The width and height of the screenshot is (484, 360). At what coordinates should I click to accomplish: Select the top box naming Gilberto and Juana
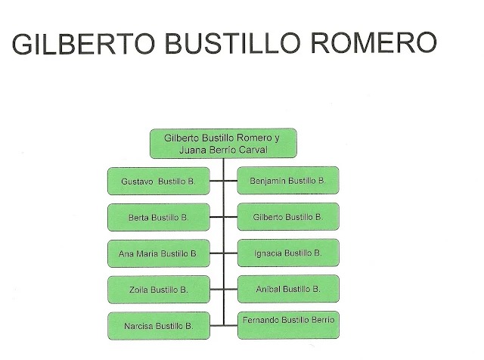223,144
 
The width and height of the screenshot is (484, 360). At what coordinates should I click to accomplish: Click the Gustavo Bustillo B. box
158,182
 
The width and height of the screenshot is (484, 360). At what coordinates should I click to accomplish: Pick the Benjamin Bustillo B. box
288,181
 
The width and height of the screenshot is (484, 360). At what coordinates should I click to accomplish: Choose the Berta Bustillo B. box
158,217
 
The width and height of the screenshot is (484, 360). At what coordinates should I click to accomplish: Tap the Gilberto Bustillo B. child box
288,217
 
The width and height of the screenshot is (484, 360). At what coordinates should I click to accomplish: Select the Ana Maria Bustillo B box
158,253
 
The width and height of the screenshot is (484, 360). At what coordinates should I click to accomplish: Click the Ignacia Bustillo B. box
288,253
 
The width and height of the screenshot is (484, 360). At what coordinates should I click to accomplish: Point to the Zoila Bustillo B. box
158,290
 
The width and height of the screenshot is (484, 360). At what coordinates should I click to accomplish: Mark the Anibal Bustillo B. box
288,289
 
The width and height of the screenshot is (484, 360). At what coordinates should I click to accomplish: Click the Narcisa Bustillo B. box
158,326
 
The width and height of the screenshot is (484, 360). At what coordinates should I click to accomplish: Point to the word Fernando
262,321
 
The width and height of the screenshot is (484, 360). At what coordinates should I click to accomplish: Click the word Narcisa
137,326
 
